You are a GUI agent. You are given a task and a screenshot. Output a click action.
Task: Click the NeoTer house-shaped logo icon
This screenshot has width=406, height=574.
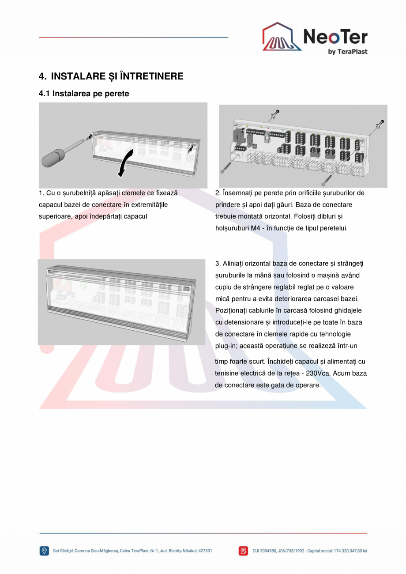click(x=282, y=37)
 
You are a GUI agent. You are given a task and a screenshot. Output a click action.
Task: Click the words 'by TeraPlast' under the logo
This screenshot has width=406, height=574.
click(x=348, y=51)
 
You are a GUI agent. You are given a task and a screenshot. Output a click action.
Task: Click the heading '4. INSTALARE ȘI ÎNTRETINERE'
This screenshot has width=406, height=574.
click(x=111, y=76)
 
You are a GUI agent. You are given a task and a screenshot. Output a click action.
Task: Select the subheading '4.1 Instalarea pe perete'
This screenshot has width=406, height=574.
click(x=84, y=94)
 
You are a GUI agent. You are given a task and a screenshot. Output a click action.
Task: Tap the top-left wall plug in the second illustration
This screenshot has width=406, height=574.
click(x=276, y=113)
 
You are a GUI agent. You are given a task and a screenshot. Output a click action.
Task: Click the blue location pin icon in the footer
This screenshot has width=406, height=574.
click(x=44, y=551)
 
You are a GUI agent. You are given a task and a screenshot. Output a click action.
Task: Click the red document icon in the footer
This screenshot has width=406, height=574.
click(x=243, y=551)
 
